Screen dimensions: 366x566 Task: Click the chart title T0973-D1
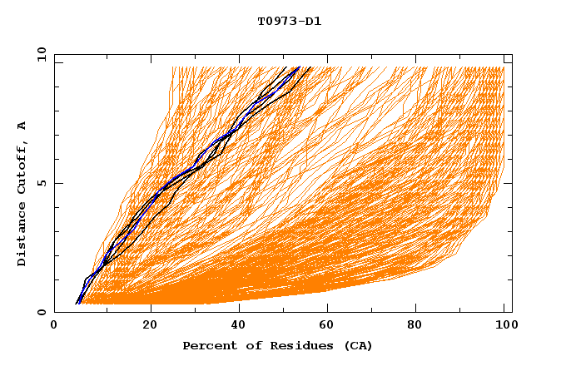(289, 21)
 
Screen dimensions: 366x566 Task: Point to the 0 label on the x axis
(54, 327)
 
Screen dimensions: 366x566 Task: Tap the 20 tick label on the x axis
(150, 327)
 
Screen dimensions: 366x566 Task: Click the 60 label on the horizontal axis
(325, 327)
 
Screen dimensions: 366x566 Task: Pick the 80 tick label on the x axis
(415, 327)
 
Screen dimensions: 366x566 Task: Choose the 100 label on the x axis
(504, 327)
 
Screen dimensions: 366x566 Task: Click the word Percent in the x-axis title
(208, 346)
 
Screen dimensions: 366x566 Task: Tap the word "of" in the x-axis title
(246, 346)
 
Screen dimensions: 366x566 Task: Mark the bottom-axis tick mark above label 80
(415, 309)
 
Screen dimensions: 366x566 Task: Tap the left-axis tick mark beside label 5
(57, 183)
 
